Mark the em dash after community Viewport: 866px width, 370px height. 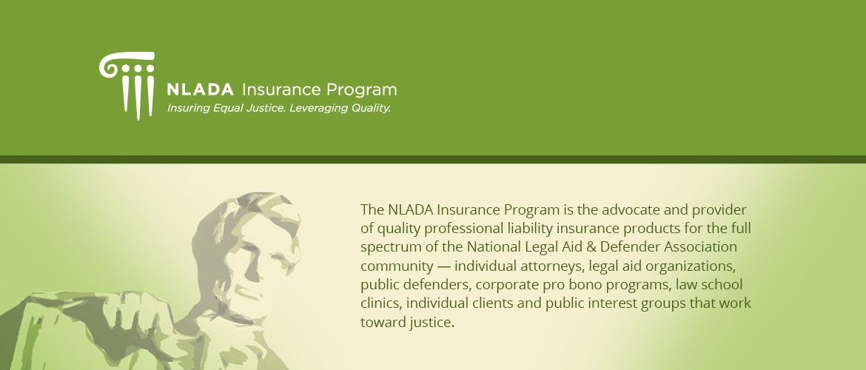(x=443, y=266)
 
